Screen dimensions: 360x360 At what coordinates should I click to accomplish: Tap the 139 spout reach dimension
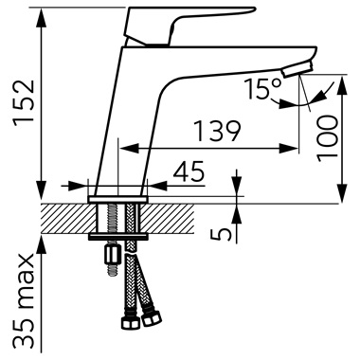click(x=217, y=131)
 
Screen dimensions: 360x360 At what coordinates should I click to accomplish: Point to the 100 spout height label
click(x=327, y=138)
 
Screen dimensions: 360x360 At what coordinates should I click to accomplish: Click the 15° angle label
click(x=263, y=89)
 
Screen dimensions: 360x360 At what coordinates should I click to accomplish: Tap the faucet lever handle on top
click(x=187, y=25)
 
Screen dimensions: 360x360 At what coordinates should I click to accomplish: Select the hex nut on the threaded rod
click(x=112, y=254)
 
